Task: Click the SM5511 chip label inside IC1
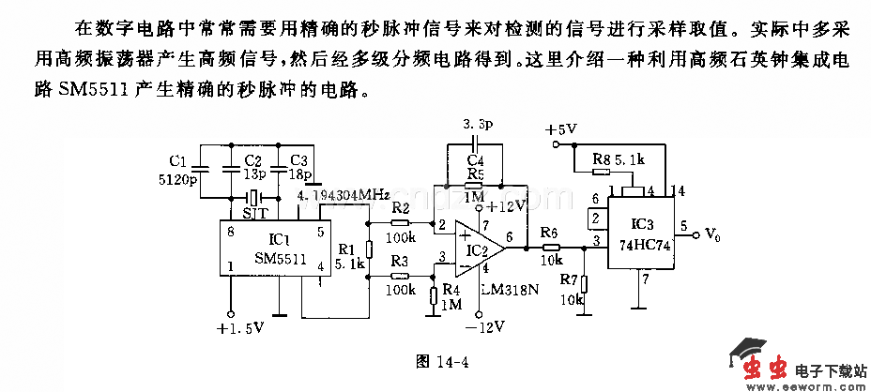(279, 259)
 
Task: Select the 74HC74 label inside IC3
(641, 242)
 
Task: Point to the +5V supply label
(560, 128)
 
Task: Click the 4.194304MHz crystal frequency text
(344, 195)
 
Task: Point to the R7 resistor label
(569, 279)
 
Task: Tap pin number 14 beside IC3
(678, 190)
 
